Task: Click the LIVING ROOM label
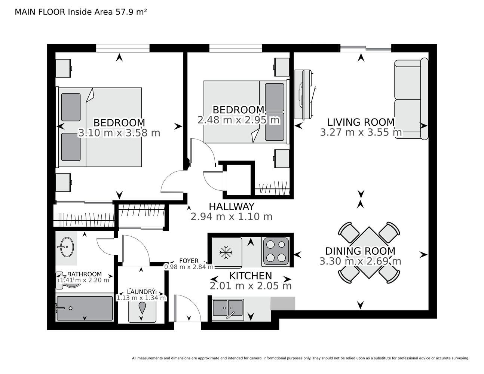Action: tap(361, 122)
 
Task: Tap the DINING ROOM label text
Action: tap(360, 251)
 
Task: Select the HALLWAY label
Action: tap(232, 206)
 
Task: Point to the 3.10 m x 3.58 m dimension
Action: tap(119, 133)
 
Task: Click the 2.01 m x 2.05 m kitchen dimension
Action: tap(251, 286)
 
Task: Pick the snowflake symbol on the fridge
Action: tap(226, 252)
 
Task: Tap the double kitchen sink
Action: tap(228, 308)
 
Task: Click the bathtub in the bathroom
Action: tap(85, 308)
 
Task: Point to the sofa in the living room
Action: tap(411, 99)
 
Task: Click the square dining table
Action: tap(369, 252)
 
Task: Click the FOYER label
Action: tap(189, 261)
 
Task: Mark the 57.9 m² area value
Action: tap(131, 12)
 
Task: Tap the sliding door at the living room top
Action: tap(366, 48)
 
